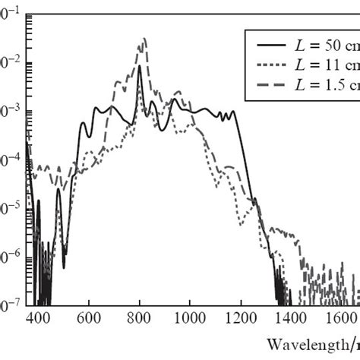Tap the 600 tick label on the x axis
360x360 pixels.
(x=90, y=319)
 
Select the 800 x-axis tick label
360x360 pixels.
(x=140, y=319)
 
